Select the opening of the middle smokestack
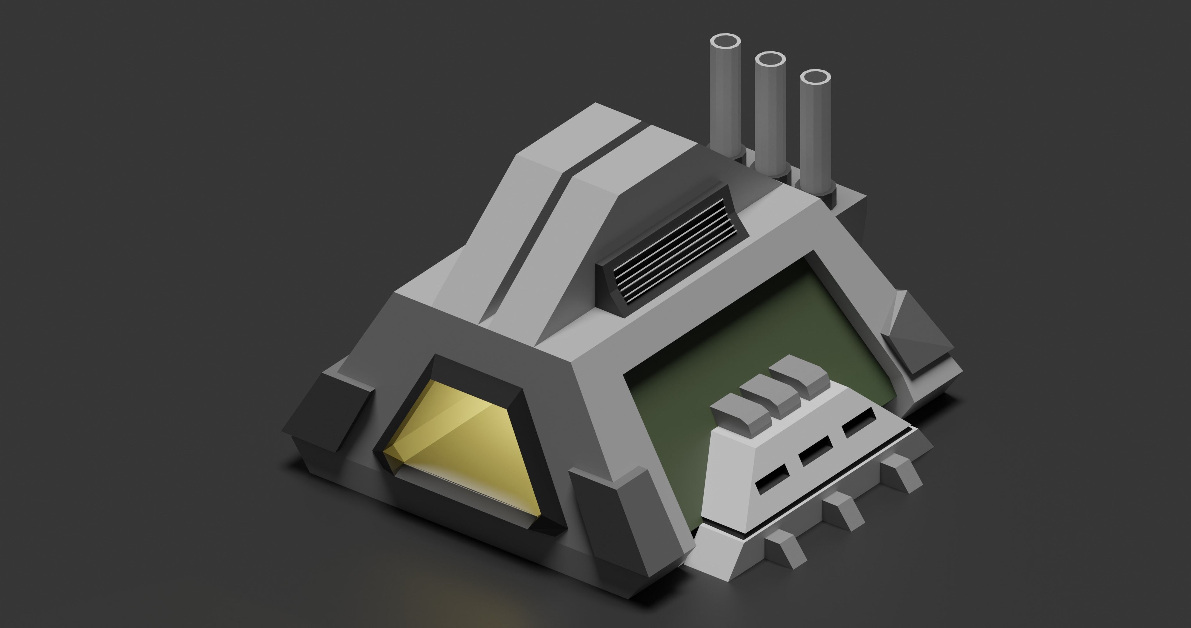pos(770,60)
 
